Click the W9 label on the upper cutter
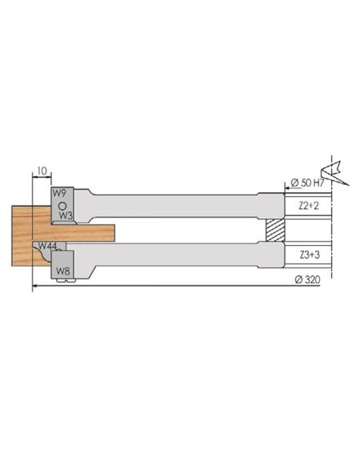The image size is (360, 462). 58,193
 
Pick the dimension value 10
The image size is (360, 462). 41,171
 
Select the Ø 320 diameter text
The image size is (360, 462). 307,279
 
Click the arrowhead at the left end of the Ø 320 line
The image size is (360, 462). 34,287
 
